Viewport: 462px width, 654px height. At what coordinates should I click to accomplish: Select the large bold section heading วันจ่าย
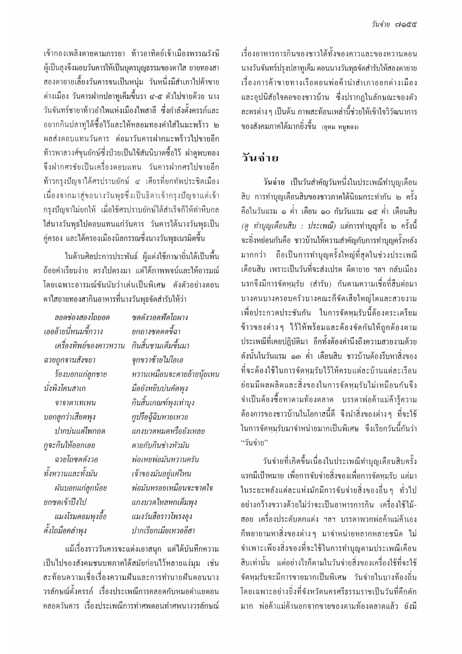(x=260, y=157)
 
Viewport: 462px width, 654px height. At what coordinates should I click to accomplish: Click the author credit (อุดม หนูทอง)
(x=340, y=127)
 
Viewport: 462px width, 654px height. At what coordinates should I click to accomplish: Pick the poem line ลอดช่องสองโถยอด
(x=82, y=317)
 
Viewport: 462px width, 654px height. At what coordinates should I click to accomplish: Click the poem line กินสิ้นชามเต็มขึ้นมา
(x=160, y=346)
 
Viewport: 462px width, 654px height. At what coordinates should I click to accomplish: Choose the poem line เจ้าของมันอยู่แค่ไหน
(x=161, y=474)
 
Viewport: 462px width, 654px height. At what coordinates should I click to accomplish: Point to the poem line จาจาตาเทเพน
(x=75, y=403)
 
